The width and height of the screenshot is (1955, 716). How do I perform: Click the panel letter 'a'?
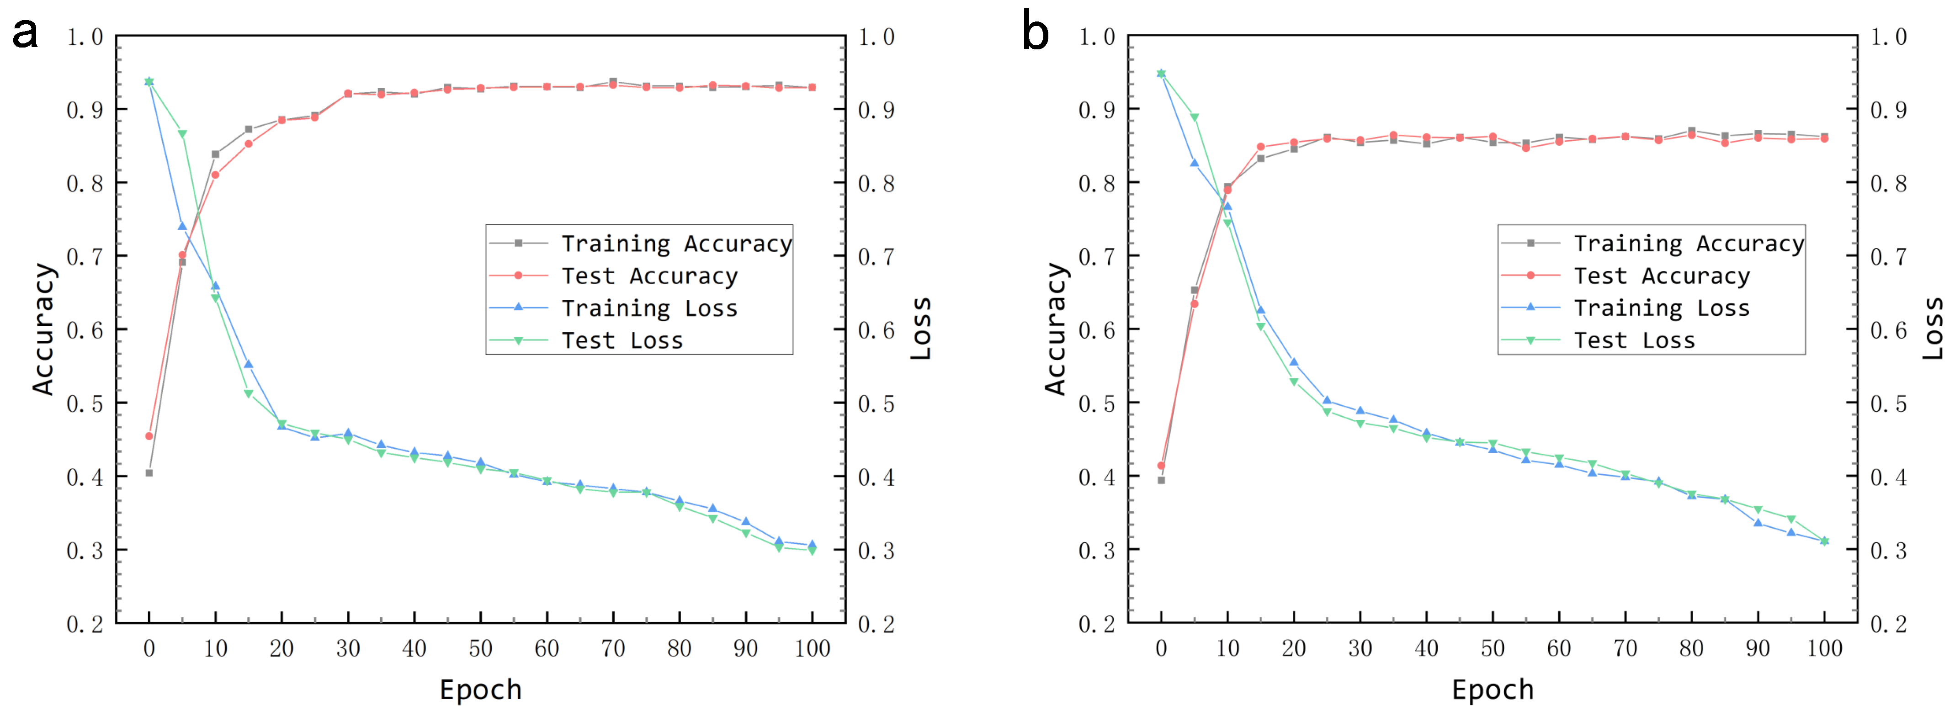tap(25, 34)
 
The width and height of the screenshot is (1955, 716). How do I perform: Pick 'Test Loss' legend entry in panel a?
tap(622, 340)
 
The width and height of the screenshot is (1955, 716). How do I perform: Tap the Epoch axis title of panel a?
tap(480, 689)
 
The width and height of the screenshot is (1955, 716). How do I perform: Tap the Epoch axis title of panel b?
tap(1492, 689)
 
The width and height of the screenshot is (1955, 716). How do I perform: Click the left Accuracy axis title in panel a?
tap(43, 329)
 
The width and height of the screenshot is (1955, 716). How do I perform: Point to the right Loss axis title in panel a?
tap(920, 329)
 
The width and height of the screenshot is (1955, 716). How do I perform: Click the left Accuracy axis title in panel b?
tap(1056, 329)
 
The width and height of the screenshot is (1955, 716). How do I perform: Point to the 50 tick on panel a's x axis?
tap(480, 648)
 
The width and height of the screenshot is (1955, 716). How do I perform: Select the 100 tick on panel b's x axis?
tap(1824, 648)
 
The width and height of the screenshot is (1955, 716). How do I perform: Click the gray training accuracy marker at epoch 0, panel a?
tap(149, 473)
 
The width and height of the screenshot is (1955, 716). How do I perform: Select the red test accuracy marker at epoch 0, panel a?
tap(149, 436)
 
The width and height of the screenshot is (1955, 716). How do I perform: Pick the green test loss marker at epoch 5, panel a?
tap(182, 134)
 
